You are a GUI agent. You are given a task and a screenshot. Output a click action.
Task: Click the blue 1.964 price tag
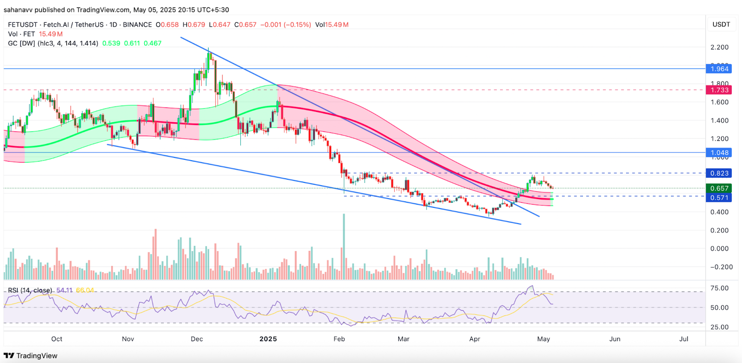point(719,69)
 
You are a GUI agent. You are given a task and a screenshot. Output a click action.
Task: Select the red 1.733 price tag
point(719,90)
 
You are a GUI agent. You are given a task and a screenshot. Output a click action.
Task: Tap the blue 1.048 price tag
point(719,153)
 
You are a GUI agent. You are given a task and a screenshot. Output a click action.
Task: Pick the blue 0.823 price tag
point(719,173)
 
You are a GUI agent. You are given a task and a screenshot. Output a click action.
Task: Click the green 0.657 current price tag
point(719,188)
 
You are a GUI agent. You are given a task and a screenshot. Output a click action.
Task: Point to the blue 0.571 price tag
point(719,198)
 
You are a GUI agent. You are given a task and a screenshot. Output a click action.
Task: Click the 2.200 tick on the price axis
point(719,47)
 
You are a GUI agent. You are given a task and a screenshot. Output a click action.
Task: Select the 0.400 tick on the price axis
point(719,212)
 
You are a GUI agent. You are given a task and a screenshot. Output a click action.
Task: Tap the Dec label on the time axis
point(197,339)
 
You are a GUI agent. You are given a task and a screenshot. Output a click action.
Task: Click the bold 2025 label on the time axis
point(268,339)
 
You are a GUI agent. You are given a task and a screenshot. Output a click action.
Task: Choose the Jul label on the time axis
point(684,339)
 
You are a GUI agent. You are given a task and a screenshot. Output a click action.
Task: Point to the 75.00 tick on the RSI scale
point(719,288)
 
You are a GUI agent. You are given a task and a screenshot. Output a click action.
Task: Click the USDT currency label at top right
point(721,25)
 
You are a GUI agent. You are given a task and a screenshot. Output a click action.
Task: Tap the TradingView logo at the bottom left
point(31,356)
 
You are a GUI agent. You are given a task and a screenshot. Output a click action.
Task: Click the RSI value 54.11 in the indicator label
point(64,290)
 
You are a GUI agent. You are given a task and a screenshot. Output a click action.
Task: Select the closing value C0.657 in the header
point(245,25)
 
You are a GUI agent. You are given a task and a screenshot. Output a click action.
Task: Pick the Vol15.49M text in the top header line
point(332,25)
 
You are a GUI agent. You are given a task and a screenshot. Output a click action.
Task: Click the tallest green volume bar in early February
point(344,245)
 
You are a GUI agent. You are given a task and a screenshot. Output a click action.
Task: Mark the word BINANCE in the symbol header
point(137,25)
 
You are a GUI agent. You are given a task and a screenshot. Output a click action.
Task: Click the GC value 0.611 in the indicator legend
point(132,43)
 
